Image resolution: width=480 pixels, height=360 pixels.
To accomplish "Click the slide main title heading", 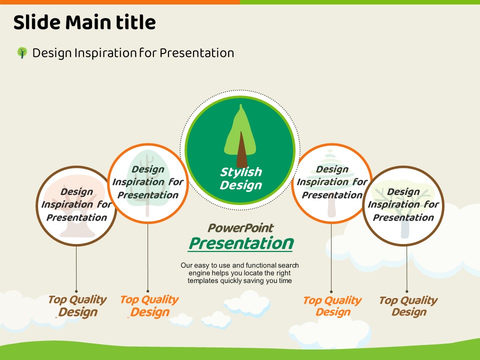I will click(x=84, y=22).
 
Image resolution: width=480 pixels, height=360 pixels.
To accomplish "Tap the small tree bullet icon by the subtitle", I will click(x=22, y=52).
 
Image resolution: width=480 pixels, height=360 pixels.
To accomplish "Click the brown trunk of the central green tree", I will click(x=241, y=152).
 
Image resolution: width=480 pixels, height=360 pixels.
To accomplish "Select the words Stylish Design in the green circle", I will click(x=241, y=178).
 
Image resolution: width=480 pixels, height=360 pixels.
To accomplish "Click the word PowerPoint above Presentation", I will click(x=240, y=228).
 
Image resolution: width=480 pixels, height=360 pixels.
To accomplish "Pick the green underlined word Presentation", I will click(x=240, y=243).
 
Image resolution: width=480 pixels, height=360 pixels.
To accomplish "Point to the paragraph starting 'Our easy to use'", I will click(x=239, y=273).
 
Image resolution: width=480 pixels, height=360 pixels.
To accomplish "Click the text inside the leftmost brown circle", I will click(x=76, y=204).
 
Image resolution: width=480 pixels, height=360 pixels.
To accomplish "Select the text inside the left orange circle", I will click(x=148, y=182).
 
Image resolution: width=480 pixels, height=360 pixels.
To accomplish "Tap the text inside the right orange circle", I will click(x=332, y=182).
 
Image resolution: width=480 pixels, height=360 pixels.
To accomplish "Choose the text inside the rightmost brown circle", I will click(x=403, y=204).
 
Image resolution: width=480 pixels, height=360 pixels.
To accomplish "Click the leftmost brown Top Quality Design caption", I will click(x=77, y=306).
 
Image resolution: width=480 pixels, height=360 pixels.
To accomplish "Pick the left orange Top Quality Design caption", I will click(x=149, y=306).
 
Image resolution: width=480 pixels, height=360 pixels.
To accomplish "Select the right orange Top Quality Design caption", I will click(x=332, y=306).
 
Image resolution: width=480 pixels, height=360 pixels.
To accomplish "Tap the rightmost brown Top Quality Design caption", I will click(x=408, y=306).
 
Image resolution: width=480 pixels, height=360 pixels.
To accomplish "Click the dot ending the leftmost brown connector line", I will click(x=76, y=291).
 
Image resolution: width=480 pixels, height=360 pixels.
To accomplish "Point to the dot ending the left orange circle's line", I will click(x=148, y=291).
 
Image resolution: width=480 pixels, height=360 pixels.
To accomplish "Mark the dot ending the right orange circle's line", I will click(x=331, y=291).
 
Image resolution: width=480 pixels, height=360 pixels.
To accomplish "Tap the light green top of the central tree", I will click(x=241, y=122).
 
